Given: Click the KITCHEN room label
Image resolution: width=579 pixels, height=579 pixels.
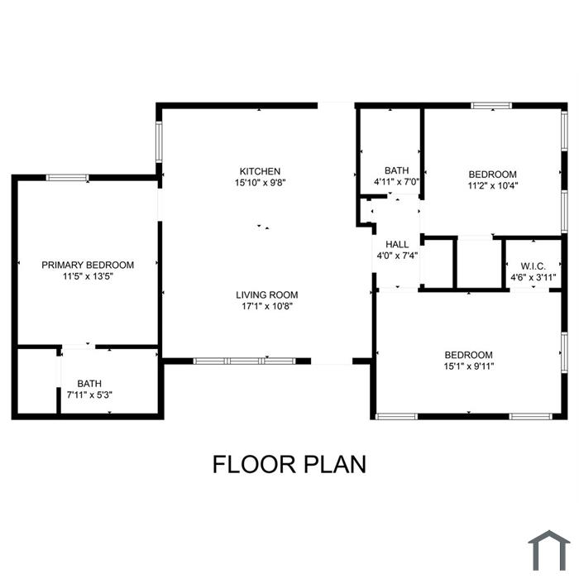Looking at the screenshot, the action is tap(260, 171).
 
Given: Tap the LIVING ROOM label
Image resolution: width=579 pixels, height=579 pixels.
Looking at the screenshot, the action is tap(266, 295).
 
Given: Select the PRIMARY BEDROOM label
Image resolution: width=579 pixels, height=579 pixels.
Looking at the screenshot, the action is tap(88, 266).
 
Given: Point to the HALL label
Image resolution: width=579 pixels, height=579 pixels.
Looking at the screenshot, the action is tap(397, 245).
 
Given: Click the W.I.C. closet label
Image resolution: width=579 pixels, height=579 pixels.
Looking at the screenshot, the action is tap(534, 266).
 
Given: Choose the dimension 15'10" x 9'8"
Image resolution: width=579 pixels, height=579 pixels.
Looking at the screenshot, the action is tap(261, 183).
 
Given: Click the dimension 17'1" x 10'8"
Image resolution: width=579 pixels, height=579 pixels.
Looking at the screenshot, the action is tap(267, 307).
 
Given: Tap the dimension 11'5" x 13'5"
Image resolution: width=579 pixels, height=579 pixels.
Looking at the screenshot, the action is tap(88, 276).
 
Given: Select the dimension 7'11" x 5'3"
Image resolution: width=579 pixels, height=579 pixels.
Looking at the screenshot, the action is tap(89, 395).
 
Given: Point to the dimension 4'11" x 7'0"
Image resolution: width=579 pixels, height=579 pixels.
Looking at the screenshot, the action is tap(396, 182).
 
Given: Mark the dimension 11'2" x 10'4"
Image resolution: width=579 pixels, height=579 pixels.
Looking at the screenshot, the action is tap(493, 186).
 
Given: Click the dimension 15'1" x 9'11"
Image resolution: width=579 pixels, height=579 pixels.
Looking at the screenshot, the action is tap(469, 366).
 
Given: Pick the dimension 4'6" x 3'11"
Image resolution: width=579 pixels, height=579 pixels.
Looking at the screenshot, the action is tap(534, 277).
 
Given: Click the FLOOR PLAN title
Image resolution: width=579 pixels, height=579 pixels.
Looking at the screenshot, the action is tap(289, 464).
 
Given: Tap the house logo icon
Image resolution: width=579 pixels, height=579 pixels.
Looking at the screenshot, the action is tap(548, 551).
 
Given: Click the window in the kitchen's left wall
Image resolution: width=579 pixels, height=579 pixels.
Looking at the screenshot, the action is tap(159, 141).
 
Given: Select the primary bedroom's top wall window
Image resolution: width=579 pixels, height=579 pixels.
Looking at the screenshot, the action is tap(67, 178).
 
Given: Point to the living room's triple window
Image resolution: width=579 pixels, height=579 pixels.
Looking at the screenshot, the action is tap(245, 361).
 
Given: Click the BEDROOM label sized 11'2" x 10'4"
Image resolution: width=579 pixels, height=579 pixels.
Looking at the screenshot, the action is tap(493, 175).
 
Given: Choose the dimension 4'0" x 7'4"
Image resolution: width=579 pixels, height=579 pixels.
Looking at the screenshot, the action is tap(397, 256).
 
